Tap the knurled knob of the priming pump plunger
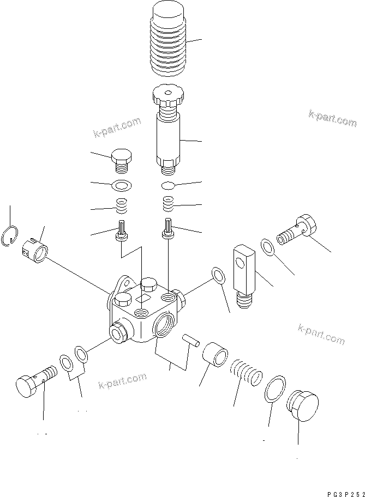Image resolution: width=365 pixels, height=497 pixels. pos(169,98)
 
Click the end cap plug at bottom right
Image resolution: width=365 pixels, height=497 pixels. pos(301,405)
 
